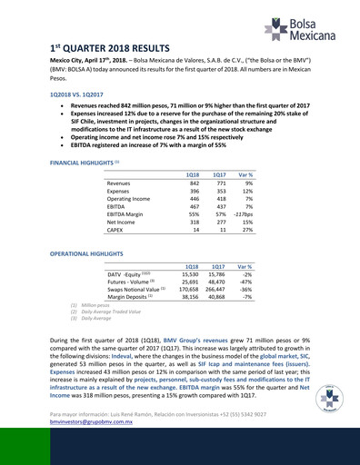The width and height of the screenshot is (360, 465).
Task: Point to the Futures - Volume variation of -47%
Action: pyautogui.click(x=245, y=280)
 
